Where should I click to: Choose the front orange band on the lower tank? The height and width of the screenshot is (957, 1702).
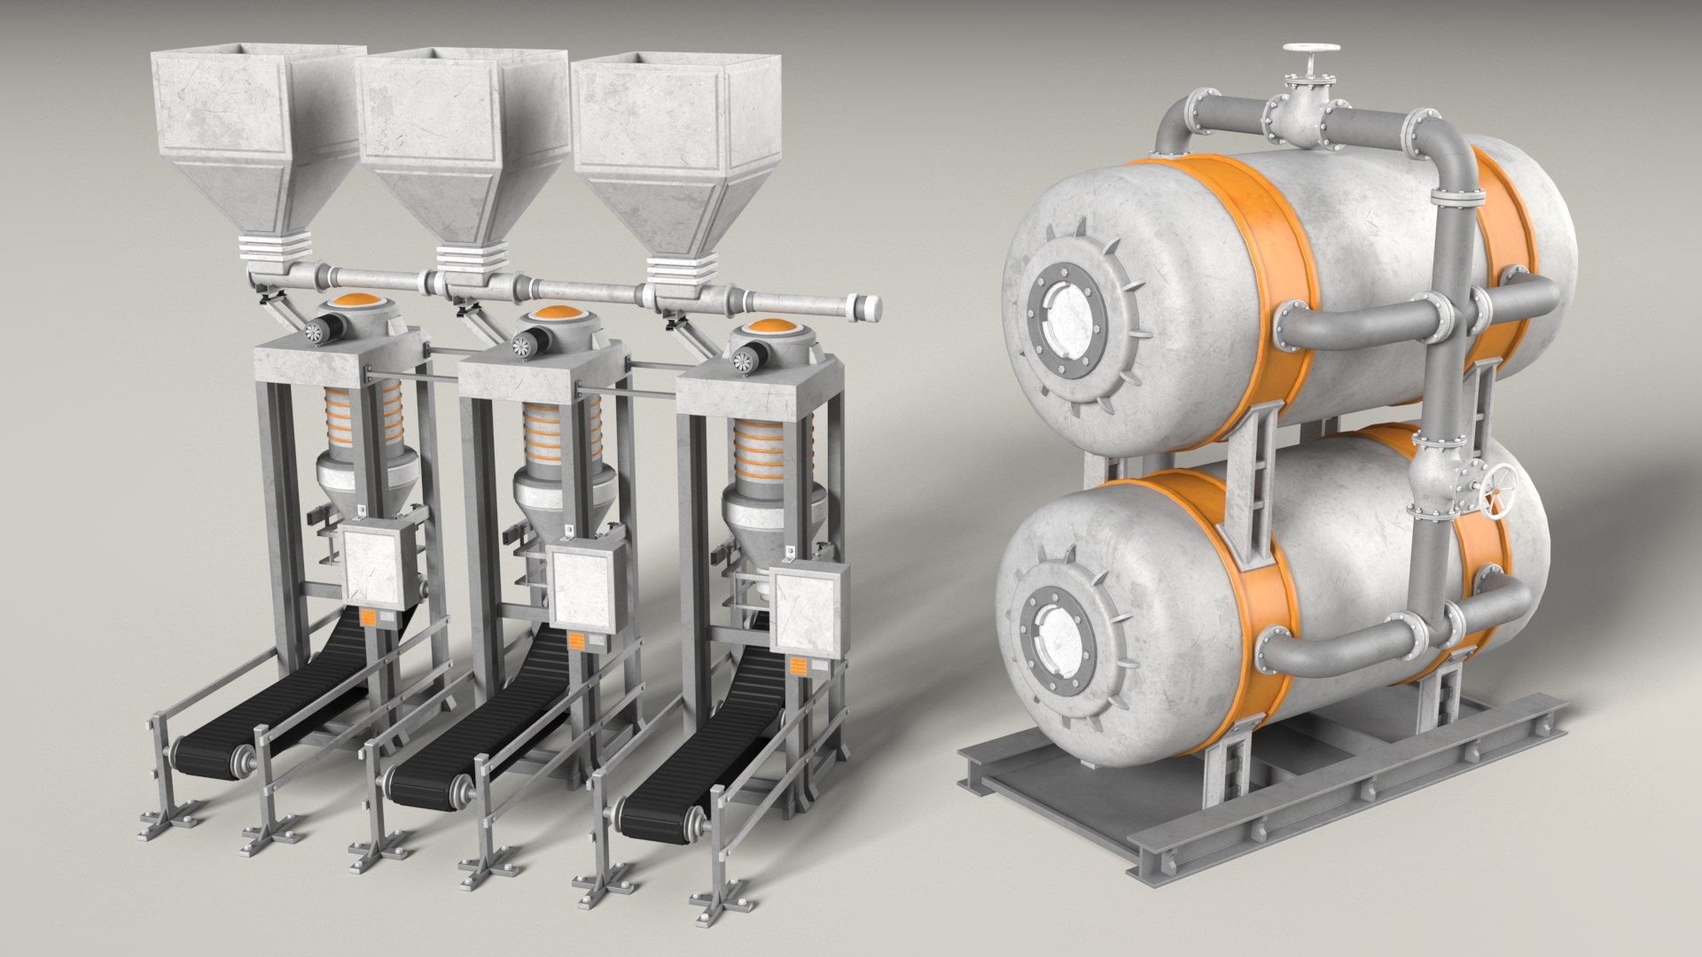[x=1250, y=603]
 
